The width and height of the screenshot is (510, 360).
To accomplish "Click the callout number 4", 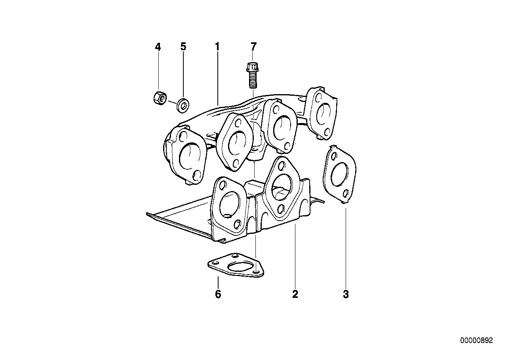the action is tap(158, 47).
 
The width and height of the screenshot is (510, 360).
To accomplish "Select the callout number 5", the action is tap(183, 47).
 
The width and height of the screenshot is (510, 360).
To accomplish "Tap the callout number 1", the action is tap(217, 47).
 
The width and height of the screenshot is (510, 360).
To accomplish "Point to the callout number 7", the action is tap(253, 47).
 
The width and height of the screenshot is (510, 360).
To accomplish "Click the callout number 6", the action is tap(218, 294).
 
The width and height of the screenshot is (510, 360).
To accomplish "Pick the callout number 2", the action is tap(295, 294).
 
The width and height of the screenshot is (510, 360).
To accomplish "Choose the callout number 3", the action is tap(346, 294).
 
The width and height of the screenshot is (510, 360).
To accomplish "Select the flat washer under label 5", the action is tap(183, 105).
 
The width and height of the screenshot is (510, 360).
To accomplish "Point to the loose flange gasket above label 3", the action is tap(339, 174).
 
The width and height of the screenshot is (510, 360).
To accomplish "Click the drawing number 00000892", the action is tap(476, 341).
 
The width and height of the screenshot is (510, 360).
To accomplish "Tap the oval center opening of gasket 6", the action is tap(238, 266).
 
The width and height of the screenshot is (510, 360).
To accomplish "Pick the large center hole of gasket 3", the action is tap(339, 174).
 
